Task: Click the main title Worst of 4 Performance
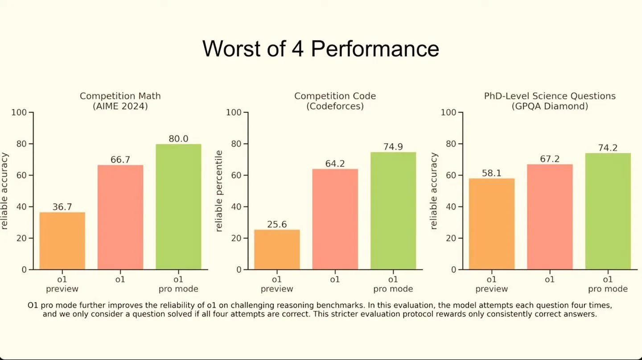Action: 321,48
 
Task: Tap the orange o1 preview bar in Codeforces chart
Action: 277,249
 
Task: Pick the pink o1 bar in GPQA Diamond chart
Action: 549,217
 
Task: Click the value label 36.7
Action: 62,207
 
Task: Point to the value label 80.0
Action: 178,139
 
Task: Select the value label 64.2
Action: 335,164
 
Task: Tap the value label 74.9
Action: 393,147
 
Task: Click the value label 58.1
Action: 491,173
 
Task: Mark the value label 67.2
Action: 549,159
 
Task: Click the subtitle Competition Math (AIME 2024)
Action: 120,101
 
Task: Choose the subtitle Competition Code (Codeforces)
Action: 335,101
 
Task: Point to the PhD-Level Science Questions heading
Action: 549,96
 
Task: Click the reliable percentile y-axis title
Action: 219,191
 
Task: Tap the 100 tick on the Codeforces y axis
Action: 234,112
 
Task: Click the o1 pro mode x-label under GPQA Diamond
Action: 608,284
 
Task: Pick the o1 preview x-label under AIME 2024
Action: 62,284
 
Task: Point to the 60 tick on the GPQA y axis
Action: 451,175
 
